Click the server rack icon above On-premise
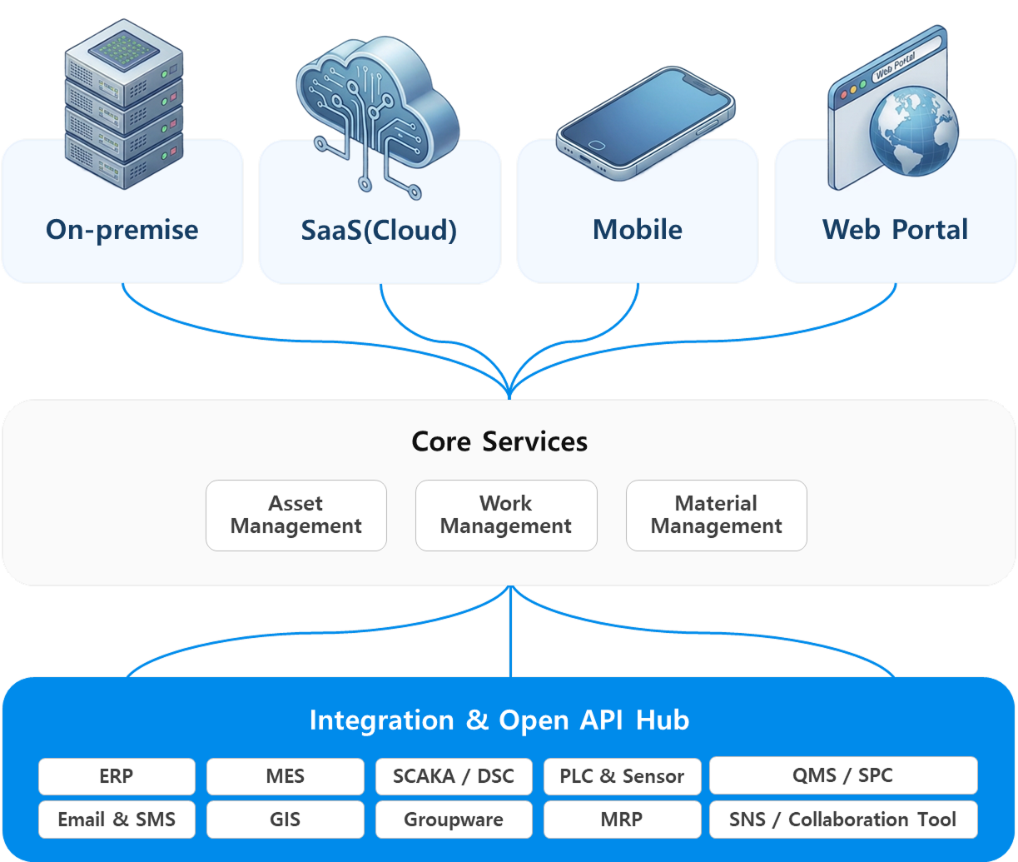[124, 104]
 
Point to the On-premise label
[122, 230]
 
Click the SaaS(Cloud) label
[379, 230]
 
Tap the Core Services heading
[499, 441]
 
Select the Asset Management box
[296, 516]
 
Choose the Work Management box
[506, 516]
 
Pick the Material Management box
[717, 516]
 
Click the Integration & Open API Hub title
[499, 720]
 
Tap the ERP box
[117, 776]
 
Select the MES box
[286, 776]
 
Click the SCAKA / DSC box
[454, 776]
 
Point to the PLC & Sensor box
[622, 776]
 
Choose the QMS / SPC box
[842, 775]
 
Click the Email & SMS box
[117, 820]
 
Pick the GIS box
[286, 820]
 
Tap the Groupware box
[454, 820]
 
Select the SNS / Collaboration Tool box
[842, 820]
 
